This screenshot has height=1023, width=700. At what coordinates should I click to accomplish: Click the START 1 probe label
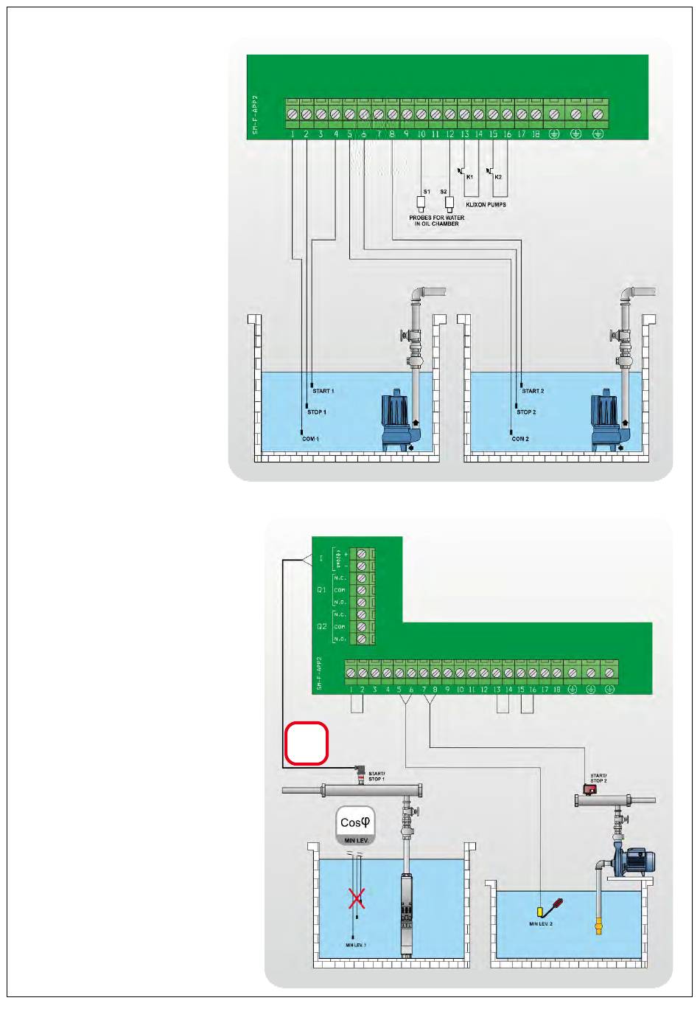[x=323, y=391]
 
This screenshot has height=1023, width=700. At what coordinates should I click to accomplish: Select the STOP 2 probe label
[x=526, y=412]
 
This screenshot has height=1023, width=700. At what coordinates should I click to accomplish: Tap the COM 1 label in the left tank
[x=310, y=439]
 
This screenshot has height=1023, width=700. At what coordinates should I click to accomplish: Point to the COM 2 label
[x=520, y=439]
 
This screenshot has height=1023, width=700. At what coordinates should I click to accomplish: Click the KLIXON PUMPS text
[x=486, y=204]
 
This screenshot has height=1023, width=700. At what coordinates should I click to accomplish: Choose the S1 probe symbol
[x=421, y=203]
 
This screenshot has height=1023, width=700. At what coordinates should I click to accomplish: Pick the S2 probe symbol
[x=449, y=203]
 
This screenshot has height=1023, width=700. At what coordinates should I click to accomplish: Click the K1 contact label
[x=469, y=177]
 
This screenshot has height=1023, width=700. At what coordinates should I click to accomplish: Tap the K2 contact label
[x=498, y=177]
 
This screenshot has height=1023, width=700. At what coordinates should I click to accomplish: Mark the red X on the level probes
[x=357, y=898]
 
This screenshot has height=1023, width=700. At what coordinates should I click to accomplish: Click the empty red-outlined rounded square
[x=307, y=743]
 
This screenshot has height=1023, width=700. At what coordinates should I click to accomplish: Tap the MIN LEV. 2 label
[x=540, y=923]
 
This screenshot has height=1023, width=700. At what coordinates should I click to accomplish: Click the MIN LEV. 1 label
[x=355, y=945]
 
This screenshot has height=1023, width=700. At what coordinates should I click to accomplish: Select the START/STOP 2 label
[x=598, y=778]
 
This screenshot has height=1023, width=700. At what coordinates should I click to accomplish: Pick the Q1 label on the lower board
[x=321, y=590]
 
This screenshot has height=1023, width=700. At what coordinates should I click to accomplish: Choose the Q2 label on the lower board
[x=321, y=626]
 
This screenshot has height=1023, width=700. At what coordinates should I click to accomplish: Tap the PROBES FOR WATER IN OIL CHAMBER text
[x=437, y=221]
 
